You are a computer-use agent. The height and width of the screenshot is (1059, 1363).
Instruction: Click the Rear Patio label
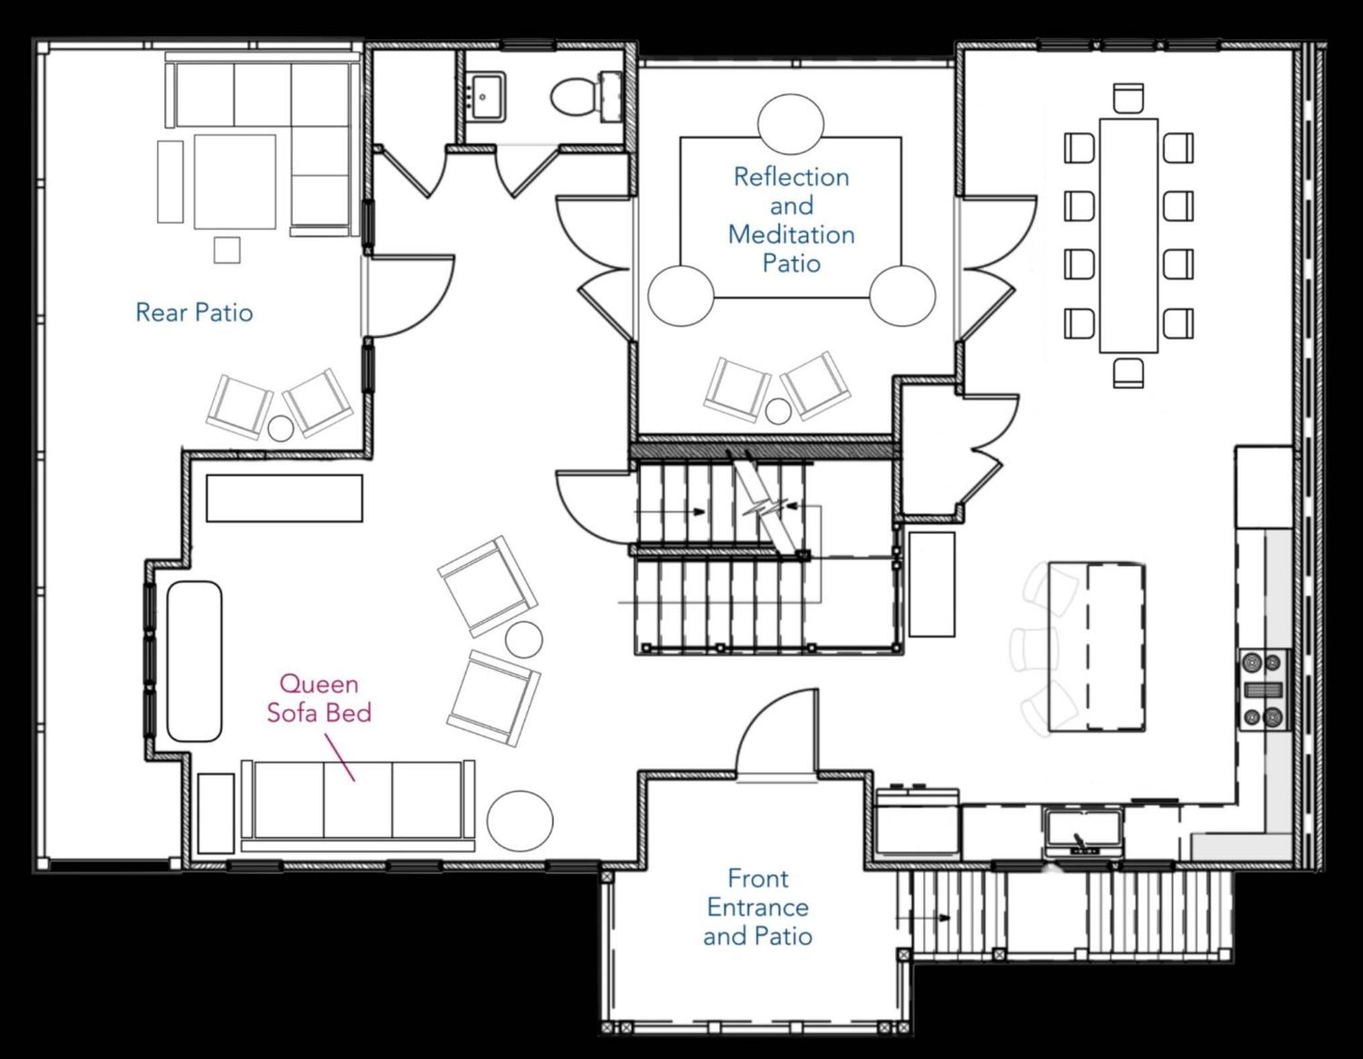[194, 312]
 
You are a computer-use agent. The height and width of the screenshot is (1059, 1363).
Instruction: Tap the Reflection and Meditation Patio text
[791, 220]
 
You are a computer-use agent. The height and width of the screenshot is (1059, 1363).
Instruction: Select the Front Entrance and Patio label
[758, 907]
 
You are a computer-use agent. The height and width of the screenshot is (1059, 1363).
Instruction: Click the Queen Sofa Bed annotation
[319, 698]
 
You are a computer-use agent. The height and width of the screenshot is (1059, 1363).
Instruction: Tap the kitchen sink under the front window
[1082, 832]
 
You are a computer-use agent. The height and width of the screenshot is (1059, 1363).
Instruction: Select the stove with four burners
[1264, 690]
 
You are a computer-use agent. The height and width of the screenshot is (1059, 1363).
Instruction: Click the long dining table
[1129, 236]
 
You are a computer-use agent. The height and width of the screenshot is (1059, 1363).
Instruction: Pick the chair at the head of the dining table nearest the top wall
[1129, 99]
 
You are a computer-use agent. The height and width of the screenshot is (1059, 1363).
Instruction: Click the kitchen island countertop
[1097, 648]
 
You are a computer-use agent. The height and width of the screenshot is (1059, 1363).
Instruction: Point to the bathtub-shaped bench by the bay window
[194, 662]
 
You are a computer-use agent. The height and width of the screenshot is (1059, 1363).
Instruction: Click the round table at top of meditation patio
[791, 124]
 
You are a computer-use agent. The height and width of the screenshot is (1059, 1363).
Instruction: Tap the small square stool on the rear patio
[227, 250]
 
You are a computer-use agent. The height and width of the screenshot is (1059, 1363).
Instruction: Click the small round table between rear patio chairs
[281, 429]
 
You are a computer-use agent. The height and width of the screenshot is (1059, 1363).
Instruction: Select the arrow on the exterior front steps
[923, 917]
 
